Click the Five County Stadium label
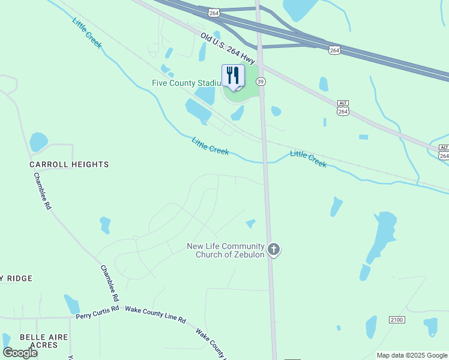(187, 83)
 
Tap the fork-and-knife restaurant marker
(233, 76)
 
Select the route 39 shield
(261, 82)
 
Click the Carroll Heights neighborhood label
(70, 164)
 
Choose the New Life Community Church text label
(226, 250)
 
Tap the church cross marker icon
(274, 249)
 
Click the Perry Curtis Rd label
(98, 313)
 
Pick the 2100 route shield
(397, 320)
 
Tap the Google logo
(20, 353)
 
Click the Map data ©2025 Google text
(412, 355)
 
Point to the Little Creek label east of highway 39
(309, 158)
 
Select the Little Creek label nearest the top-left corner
(88, 32)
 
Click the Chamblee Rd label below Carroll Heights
(43, 191)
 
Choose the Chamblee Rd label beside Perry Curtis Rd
(109, 284)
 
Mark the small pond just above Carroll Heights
(38, 142)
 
